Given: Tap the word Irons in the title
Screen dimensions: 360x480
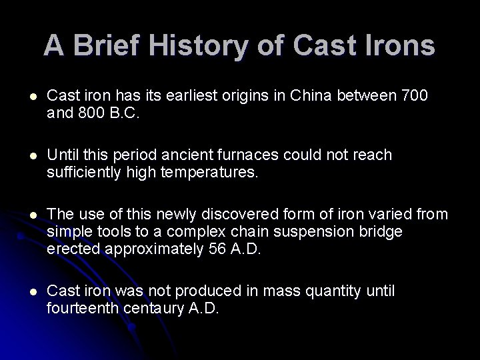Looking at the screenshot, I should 399,45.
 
